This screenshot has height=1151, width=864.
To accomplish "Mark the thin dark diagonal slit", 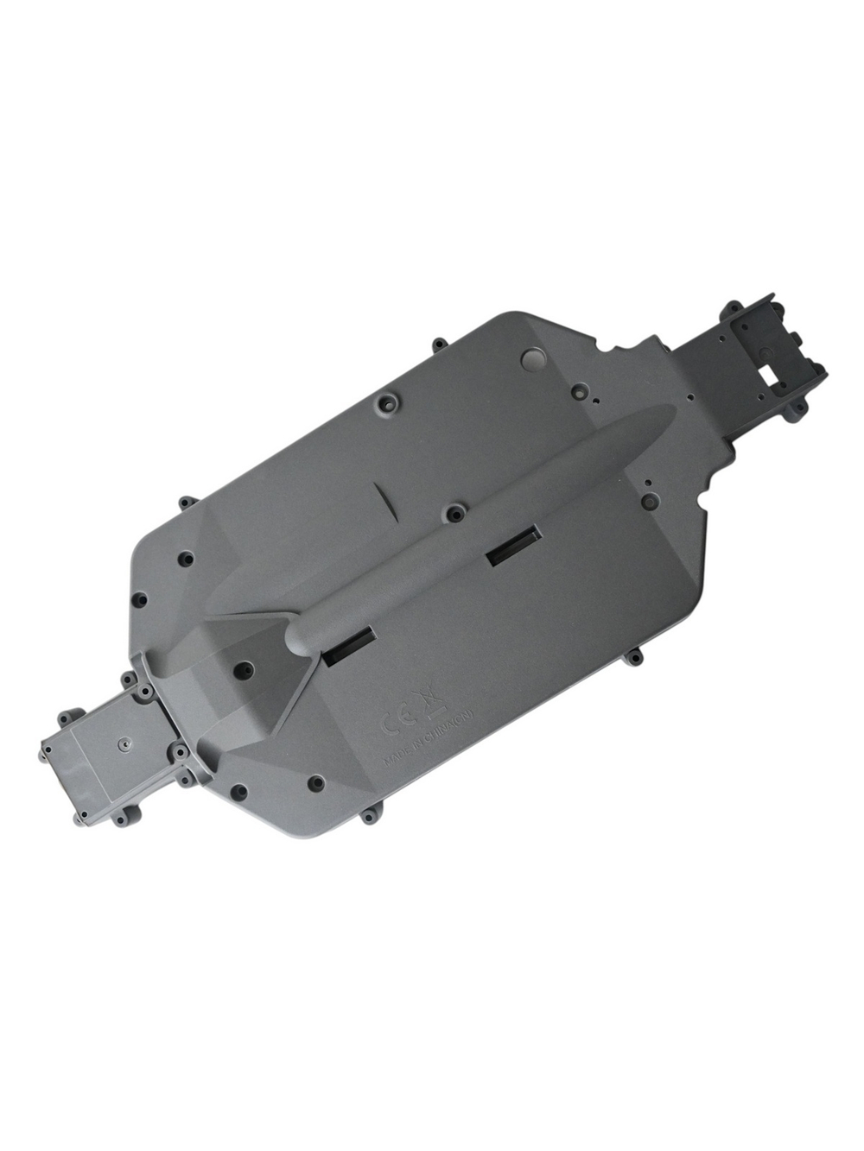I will pyautogui.click(x=384, y=503).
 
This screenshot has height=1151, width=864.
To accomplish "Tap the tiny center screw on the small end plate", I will pyautogui.click(x=124, y=743).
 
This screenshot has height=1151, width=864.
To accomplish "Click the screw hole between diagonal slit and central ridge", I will pyautogui.click(x=451, y=513).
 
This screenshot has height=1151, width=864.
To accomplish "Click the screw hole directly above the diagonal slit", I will pyautogui.click(x=384, y=402).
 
